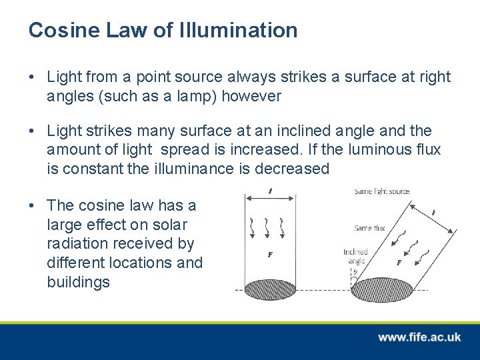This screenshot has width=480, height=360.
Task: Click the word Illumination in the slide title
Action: pyautogui.click(x=239, y=30)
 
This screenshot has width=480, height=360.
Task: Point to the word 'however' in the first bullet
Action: pyautogui.click(x=251, y=96)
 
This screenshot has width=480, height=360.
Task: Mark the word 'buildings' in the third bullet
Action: pyautogui.click(x=78, y=282)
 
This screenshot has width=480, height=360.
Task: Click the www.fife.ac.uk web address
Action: pyautogui.click(x=419, y=337)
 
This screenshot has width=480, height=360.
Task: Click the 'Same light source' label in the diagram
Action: pyautogui.click(x=381, y=191)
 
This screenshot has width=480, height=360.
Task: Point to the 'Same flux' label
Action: pyautogui.click(x=370, y=228)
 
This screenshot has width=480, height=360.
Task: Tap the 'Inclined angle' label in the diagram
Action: pyautogui.click(x=355, y=257)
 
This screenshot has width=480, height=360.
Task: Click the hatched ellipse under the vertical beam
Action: pyautogui.click(x=271, y=290)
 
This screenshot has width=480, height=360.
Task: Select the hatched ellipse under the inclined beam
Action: pyautogui.click(x=377, y=291)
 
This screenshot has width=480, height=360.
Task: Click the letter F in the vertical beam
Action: pyautogui.click(x=269, y=254)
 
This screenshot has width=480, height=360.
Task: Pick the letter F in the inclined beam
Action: pyautogui.click(x=399, y=263)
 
